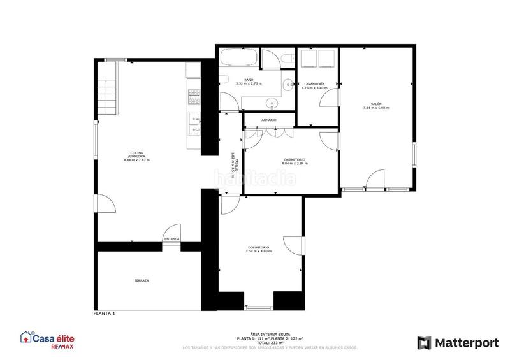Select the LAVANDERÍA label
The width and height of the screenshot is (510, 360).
pyautogui.click(x=314, y=84)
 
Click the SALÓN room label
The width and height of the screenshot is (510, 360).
pyautogui.click(x=376, y=104)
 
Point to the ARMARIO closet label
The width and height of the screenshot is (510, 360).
pyautogui.click(x=268, y=120)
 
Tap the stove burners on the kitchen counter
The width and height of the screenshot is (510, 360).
pyautogui.click(x=193, y=96)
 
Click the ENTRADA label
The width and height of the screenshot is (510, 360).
pyautogui.click(x=171, y=239)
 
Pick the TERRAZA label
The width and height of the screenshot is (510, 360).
pyautogui.click(x=142, y=280)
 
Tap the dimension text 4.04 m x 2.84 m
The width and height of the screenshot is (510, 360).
pyautogui.click(x=295, y=164)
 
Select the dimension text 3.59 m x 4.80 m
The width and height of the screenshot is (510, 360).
pyautogui.click(x=258, y=251)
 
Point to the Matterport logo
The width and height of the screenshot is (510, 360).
pyautogui.click(x=458, y=343)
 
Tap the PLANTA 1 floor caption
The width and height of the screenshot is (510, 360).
pyautogui.click(x=104, y=314)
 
